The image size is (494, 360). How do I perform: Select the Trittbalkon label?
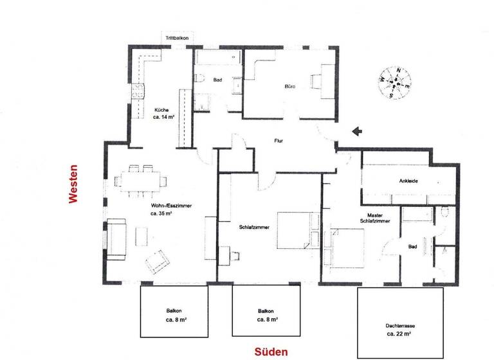tap(176, 39)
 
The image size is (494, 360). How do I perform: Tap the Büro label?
tap(290, 86)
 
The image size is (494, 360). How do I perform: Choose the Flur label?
tap(279, 141)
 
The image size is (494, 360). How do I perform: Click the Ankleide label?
tap(409, 181)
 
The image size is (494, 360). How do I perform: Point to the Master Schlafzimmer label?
tap(379, 219)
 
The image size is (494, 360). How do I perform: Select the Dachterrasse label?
tap(400, 327)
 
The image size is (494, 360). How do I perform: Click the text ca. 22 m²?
tap(399, 335)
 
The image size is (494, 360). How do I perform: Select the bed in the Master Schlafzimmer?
tap(348, 248)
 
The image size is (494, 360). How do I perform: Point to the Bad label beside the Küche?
tap(217, 80)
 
